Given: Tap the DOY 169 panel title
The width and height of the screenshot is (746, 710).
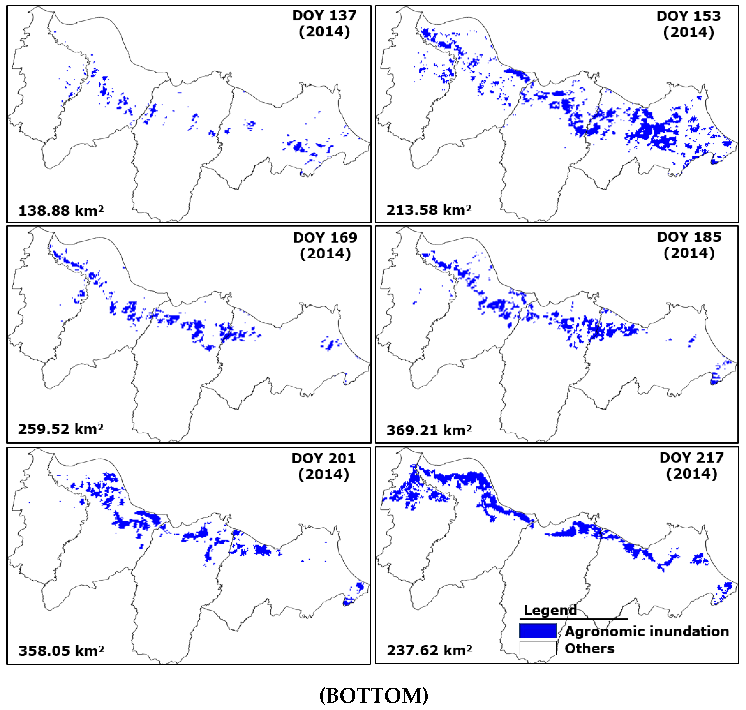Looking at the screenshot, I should tap(325, 238).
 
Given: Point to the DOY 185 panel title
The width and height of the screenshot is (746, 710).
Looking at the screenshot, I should tap(689, 237).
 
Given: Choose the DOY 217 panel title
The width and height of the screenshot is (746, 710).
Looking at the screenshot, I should tap(691, 457).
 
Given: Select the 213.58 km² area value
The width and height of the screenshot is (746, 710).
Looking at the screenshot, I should tap(429, 210).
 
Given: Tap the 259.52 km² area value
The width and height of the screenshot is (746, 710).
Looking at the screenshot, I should tap(60, 429).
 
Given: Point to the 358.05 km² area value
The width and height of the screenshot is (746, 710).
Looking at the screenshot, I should tap(61, 651).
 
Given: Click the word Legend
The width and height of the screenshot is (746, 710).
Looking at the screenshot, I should tap(550, 610).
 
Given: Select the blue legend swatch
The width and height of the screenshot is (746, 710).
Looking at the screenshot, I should tap(538, 631).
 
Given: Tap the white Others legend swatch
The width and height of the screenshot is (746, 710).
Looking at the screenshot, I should tap(538, 648).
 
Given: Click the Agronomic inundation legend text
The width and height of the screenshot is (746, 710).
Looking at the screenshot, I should tap(646, 631).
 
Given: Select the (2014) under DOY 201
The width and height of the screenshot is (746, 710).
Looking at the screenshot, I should tap(323, 474).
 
